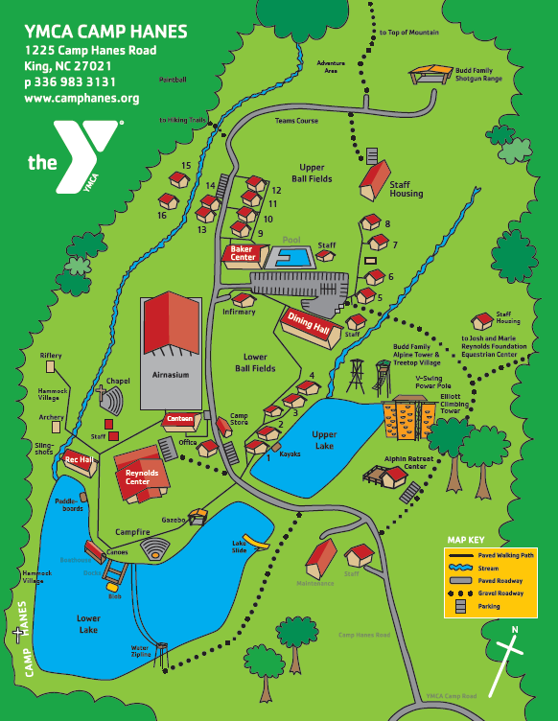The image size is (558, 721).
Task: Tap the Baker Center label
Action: [244, 253]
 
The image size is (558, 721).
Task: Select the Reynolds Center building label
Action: [142, 477]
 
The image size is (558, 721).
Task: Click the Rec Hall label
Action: [78, 460]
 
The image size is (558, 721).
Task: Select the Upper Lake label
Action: [324, 440]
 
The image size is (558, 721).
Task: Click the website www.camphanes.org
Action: [82, 98]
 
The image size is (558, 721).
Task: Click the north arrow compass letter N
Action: [515, 630]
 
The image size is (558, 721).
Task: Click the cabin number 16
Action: [162, 216]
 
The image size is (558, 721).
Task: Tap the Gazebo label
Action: [173, 518]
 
